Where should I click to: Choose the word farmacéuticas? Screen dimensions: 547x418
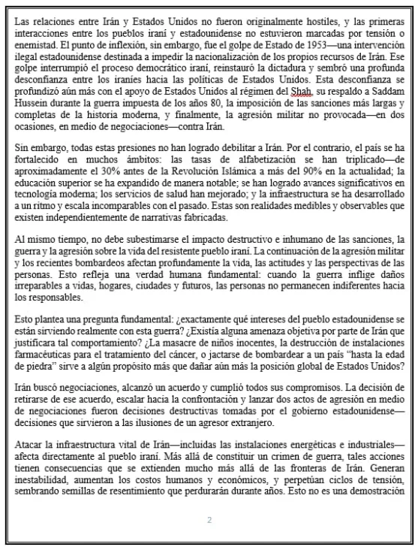(x=49, y=355)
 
